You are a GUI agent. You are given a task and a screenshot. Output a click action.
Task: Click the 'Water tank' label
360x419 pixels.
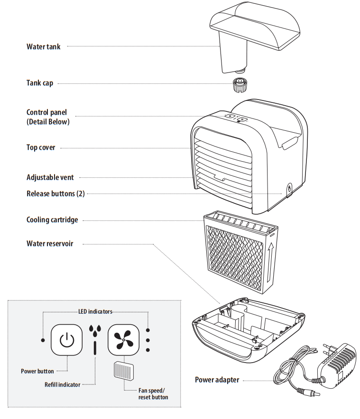tap(43, 46)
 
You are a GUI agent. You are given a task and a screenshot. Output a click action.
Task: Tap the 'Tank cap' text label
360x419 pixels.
tap(39, 83)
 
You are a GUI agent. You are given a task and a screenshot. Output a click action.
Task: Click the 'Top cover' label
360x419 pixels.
tap(41, 147)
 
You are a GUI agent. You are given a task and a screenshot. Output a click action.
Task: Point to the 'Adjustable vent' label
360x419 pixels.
tap(50, 177)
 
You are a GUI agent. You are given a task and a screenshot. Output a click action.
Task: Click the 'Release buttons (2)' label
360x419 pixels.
tap(55, 193)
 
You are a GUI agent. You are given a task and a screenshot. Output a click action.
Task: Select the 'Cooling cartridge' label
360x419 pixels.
tap(52, 220)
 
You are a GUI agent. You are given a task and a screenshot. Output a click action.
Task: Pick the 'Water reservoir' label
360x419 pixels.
tap(50, 244)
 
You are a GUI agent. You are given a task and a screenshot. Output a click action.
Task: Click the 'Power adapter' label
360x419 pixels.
tap(217, 380)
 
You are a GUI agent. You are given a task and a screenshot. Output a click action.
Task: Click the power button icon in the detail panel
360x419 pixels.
tap(67, 340)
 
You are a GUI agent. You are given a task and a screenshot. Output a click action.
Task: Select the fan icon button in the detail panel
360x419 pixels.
tap(123, 340)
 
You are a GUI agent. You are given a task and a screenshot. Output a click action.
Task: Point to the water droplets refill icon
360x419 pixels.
tap(95, 329)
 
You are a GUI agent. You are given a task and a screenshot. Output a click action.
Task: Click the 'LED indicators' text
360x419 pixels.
tap(95, 311)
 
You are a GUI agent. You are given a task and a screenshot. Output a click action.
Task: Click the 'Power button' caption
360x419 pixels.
tap(37, 371)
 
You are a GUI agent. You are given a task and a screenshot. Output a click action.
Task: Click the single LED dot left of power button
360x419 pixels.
tap(43, 340)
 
